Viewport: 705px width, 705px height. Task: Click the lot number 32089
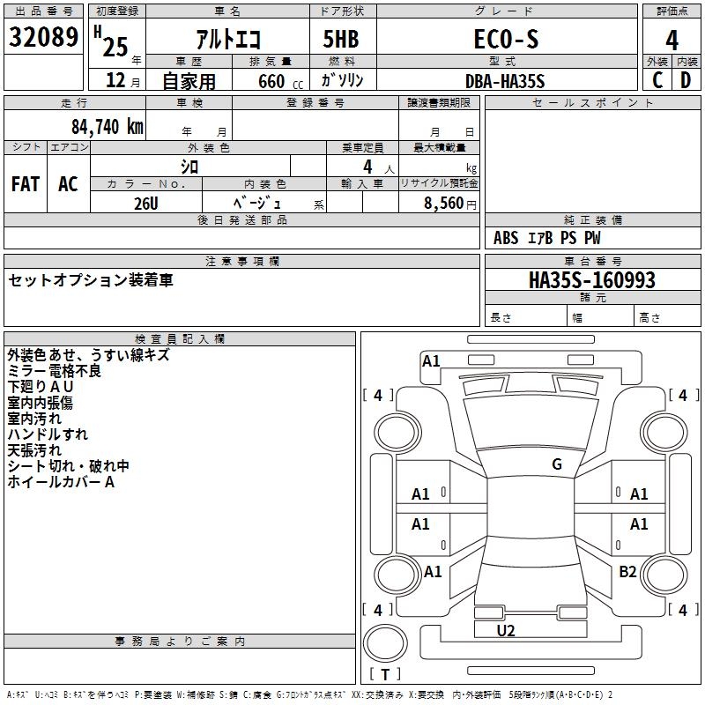pos(43,37)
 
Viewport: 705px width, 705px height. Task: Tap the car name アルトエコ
pos(227,39)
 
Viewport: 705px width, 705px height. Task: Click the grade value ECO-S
pos(506,39)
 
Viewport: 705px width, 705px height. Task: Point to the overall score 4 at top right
pos(672,39)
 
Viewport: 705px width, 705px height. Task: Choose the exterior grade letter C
pos(657,79)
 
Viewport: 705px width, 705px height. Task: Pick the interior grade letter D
pos(686,79)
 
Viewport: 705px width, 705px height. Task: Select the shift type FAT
pos(26,184)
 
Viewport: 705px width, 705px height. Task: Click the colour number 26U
pos(146,203)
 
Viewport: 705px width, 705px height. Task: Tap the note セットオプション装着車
pos(91,280)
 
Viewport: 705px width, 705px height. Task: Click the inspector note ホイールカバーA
pos(61,482)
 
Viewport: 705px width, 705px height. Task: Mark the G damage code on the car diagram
pos(556,464)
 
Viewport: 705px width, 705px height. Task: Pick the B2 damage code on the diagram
pos(627,572)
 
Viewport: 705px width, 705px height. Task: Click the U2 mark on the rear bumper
pos(506,630)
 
